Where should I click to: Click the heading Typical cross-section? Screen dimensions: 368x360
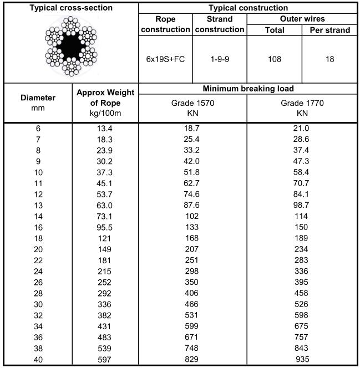(x=70, y=8)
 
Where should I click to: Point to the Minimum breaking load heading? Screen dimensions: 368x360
(x=247, y=89)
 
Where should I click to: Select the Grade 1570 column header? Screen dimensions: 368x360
(x=193, y=108)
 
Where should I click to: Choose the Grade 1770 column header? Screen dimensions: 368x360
(x=302, y=108)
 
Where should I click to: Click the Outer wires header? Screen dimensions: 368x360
(x=302, y=19)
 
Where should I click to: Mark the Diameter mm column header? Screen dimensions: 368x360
(x=38, y=103)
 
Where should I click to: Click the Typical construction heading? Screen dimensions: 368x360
(x=247, y=8)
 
